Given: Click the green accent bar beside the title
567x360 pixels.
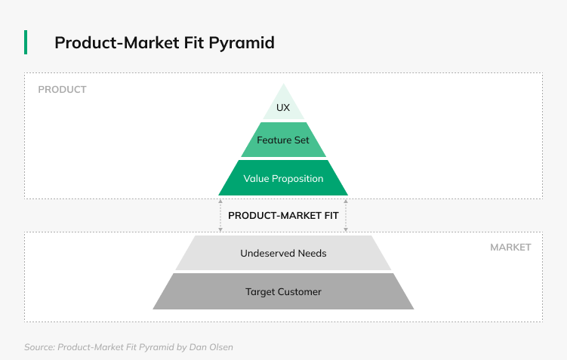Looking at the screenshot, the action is coord(26,42).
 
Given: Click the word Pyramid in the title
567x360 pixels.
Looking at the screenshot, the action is coord(242,43).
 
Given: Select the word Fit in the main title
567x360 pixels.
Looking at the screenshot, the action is coord(193,42).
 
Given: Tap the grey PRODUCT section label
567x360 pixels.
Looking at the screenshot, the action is coord(62,90).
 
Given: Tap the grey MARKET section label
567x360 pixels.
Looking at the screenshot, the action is coord(510,248).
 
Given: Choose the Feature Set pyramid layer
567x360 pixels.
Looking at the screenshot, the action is coord(284,140).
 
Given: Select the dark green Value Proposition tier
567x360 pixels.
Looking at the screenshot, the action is coord(284,178).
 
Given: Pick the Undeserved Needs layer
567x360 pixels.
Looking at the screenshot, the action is coord(284,253).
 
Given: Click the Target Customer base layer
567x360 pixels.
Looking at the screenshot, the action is coord(284,291).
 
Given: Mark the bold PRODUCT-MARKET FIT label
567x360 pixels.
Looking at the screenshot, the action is coord(284,215).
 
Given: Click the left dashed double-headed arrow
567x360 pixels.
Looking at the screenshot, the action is coord(220,215).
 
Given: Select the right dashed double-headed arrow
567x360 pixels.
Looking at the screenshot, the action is coord(346,215).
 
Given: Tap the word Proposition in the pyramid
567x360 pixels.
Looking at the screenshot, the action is coord(297,179).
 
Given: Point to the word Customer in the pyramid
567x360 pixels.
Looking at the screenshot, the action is coord(300,291).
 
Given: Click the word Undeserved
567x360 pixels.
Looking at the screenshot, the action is coord(267,253).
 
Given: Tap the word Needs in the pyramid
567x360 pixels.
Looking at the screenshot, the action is coord(313,253).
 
